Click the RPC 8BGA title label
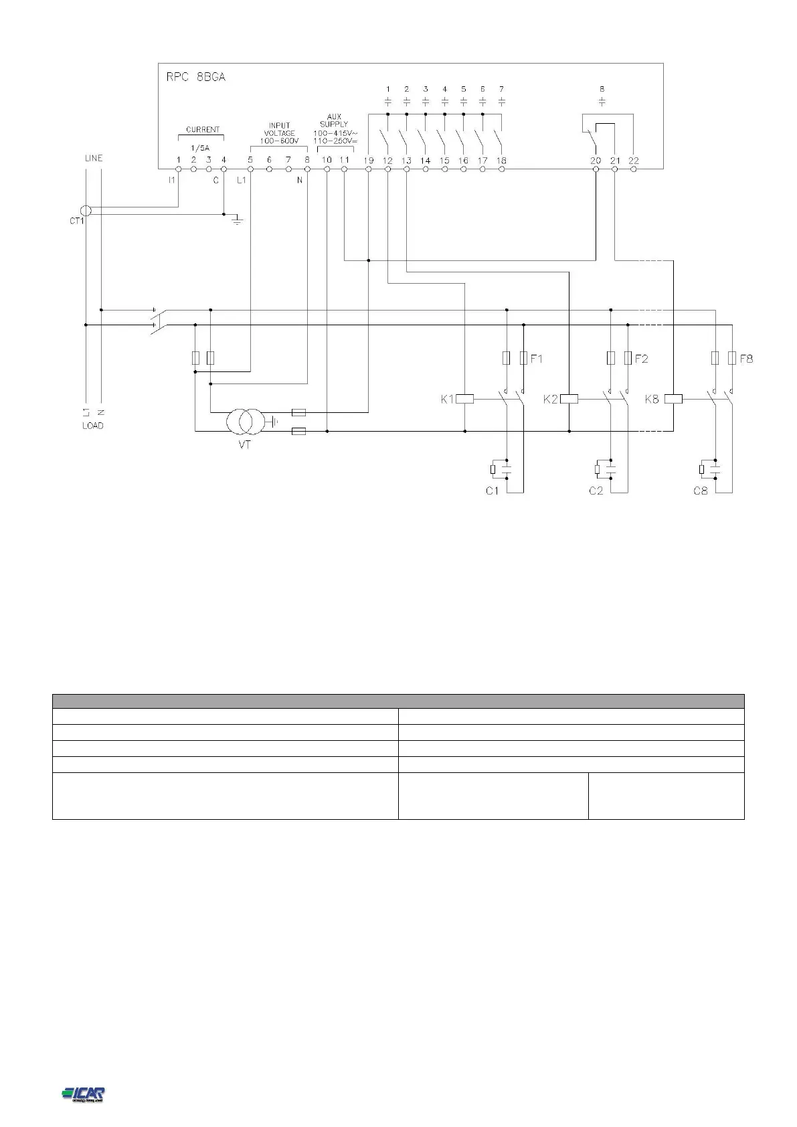tap(195, 77)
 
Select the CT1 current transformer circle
tap(86, 211)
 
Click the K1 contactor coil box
tap(464, 399)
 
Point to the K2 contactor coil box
tap(569, 399)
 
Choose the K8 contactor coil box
tap(673, 399)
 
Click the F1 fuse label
tap(537, 359)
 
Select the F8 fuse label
tap(745, 359)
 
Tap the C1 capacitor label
tap(493, 491)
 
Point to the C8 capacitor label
tap(700, 491)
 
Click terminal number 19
tap(369, 161)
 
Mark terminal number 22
tap(634, 161)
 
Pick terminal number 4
tap(224, 160)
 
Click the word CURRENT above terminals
tap(202, 130)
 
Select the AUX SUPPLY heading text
tap(335, 120)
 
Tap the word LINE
tap(94, 159)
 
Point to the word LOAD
tap(93, 426)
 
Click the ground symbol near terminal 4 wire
tap(236, 220)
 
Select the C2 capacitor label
tap(596, 491)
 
